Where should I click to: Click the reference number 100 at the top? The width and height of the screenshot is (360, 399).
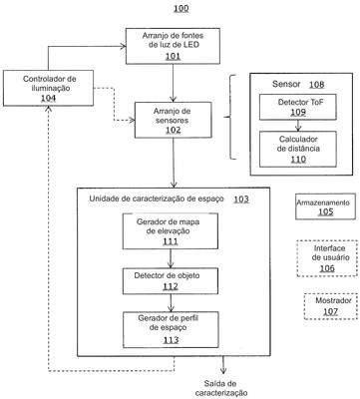181,8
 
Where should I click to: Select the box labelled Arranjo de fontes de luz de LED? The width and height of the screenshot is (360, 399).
173,46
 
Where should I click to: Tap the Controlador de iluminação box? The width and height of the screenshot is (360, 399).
48,88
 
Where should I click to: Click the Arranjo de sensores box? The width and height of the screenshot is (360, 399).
173,120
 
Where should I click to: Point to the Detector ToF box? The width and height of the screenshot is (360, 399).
298,107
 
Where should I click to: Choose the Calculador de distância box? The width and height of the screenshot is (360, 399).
298,149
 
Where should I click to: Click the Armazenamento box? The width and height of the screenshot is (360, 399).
325,206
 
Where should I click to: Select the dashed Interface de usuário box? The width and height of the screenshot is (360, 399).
327,258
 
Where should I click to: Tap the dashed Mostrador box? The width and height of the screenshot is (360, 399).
331,306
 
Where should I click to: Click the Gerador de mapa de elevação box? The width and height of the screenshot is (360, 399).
171,231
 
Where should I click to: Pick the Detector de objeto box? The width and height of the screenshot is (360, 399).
171,281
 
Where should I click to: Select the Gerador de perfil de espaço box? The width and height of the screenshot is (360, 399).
171,329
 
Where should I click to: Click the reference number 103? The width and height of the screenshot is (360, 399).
241,199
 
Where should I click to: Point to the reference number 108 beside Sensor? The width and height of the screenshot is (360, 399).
316,85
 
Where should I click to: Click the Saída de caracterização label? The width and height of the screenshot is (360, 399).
221,388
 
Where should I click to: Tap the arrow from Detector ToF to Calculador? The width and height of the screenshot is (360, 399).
298,126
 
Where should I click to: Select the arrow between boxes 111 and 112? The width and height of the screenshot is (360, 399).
171,258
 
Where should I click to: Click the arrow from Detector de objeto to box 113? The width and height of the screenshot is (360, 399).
171,303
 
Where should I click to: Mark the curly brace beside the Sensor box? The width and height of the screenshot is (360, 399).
230,117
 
